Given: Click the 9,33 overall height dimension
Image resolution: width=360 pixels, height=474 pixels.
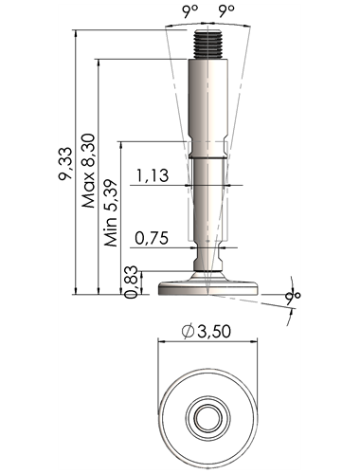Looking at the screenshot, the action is tap(65, 164).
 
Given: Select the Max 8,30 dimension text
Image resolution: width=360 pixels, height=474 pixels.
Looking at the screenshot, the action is tap(88, 171).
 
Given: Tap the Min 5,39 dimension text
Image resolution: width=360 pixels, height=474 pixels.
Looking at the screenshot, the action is tap(111, 213).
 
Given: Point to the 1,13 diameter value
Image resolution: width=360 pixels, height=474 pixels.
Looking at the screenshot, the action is tap(153, 175).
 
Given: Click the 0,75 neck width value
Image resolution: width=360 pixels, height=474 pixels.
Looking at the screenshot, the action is tap(152, 238).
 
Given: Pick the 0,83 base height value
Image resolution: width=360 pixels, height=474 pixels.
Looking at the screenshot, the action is tap(131, 282).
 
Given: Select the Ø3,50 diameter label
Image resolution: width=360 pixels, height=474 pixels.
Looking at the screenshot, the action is tap(207, 331).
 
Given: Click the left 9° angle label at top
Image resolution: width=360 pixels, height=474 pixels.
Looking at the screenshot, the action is tap(189, 11).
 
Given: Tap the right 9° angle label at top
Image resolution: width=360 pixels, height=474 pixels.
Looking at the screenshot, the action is tap(226, 11).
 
